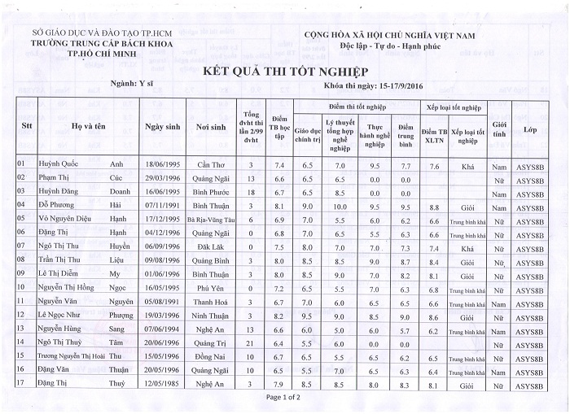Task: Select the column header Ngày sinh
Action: point(161,127)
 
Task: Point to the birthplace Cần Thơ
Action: point(210,165)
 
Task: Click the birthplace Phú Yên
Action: point(210,288)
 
